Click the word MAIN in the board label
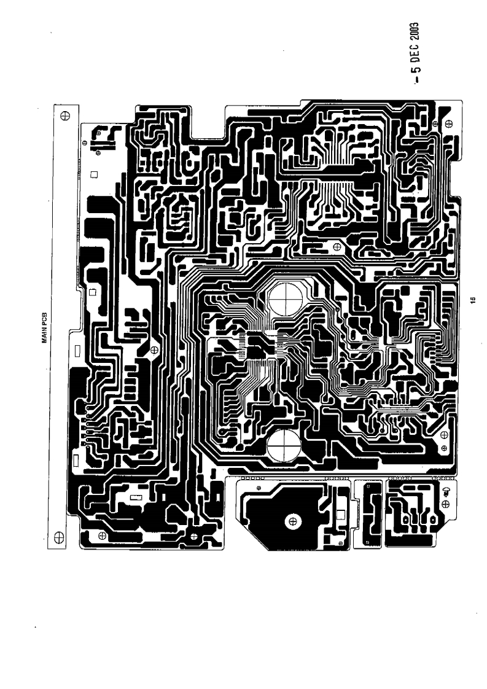(45, 340)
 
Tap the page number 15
(472, 300)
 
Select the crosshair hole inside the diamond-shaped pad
(194, 536)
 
